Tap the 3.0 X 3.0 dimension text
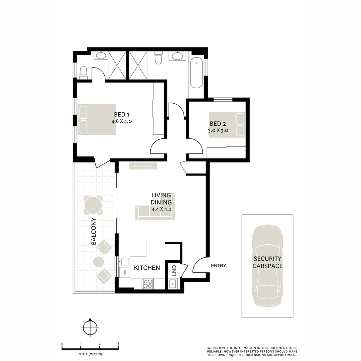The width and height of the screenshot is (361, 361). coord(218,131)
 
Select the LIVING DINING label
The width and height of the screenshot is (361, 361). coord(161,199)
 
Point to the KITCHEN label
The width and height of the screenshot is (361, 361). coord(147,268)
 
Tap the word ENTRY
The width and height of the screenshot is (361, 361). coord(219,266)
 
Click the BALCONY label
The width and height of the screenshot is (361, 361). coord(94,231)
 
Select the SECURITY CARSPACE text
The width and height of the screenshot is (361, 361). coord(267,262)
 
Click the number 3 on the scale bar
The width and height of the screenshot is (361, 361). coord(118,344)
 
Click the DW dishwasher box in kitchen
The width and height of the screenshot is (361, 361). coord(125,272)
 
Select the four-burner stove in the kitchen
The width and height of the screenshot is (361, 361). coord(147,284)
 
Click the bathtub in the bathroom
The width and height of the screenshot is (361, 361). coord(196,73)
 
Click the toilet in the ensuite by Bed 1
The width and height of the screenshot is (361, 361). coord(83,73)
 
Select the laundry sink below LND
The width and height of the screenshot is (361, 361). coord(173,284)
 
